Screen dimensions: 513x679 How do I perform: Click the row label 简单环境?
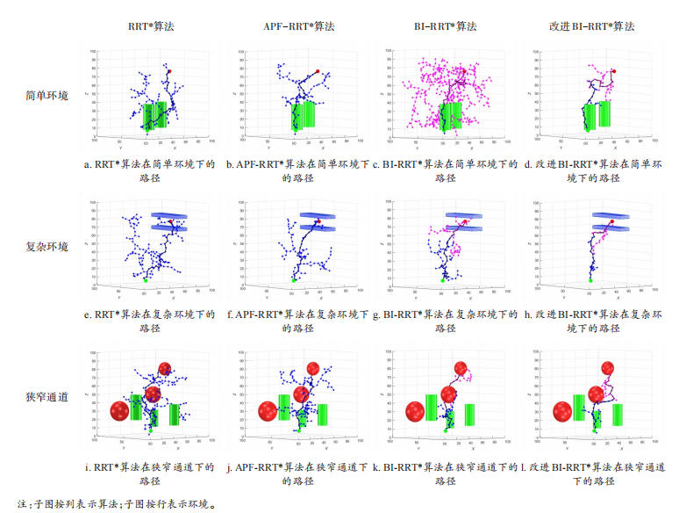tap(46, 96)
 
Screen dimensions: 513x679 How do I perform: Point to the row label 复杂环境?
tap(46, 245)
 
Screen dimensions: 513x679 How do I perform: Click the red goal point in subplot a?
tap(170, 71)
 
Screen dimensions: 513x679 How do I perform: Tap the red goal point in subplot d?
tap(613, 71)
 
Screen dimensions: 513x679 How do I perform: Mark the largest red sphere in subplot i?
tap(120, 411)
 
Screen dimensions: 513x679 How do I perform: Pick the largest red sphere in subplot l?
tap(562, 411)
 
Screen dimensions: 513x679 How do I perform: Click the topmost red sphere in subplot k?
tap(460, 368)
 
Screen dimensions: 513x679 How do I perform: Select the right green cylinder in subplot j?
tap(322, 414)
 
